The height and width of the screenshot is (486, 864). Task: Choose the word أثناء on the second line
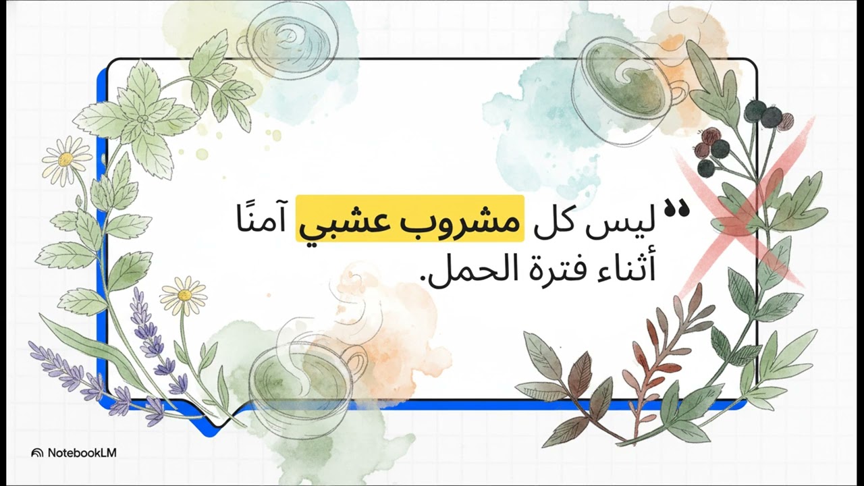pyautogui.click(x=620, y=269)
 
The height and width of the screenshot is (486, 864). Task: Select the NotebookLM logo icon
pyautogui.click(x=38, y=453)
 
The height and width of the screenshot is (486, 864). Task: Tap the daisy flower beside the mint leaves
pyautogui.click(x=65, y=159)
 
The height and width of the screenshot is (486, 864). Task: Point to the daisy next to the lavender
pyautogui.click(x=184, y=294)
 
